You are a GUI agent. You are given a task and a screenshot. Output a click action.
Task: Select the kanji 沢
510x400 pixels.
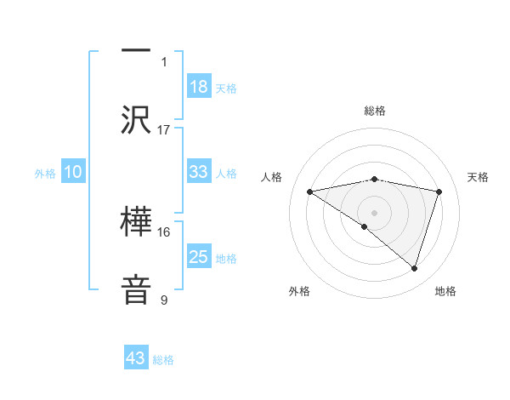(x=136, y=119)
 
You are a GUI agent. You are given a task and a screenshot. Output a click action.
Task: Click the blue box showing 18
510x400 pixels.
(x=199, y=87)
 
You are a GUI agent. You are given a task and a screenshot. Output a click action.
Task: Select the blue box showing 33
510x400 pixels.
(x=199, y=172)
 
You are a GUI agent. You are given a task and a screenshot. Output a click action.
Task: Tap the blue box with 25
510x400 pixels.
(x=199, y=257)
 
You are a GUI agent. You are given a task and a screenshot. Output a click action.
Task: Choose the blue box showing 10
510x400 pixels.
(x=73, y=172)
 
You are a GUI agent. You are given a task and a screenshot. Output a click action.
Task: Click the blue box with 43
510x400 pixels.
(x=136, y=358)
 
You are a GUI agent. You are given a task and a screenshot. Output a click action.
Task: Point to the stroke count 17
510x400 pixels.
(x=164, y=130)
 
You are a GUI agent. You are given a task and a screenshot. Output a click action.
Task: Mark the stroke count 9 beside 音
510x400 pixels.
(x=164, y=300)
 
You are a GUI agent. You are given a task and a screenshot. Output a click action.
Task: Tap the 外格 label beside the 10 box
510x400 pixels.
(x=45, y=173)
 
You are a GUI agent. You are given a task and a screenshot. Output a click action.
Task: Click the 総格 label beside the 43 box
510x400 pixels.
(x=163, y=360)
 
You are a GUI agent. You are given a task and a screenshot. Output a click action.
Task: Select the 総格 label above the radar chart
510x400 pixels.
(x=374, y=111)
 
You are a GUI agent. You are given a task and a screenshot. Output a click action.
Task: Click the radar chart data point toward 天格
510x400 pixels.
(x=439, y=191)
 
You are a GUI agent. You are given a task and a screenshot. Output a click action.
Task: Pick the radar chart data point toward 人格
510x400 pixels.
(x=309, y=191)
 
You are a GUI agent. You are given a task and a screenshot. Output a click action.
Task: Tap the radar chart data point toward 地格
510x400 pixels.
(x=415, y=269)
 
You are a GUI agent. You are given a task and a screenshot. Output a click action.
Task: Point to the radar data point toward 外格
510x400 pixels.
(x=365, y=226)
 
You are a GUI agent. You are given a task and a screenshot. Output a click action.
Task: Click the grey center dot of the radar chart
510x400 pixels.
(x=374, y=212)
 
